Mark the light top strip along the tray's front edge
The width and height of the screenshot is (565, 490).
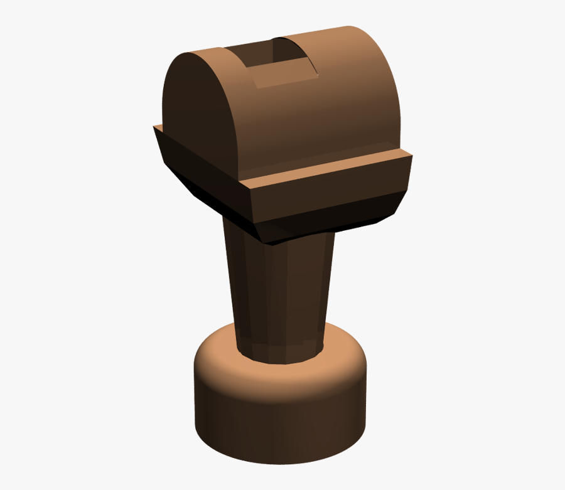pos(326,168)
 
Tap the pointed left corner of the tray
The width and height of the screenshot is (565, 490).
pos(155,128)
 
